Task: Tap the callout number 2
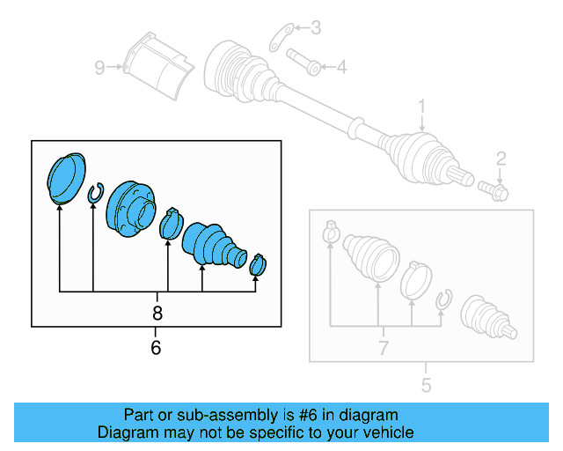501,159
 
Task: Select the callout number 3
316,28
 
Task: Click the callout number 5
426,384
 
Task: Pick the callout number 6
157,347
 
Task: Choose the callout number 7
383,349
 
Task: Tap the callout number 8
157,313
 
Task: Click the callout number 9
100,66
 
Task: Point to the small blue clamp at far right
258,263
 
